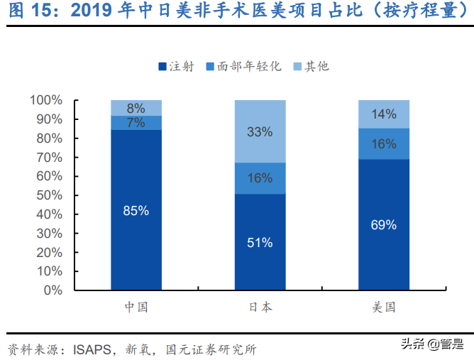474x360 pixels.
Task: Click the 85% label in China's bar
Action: pyautogui.click(x=136, y=210)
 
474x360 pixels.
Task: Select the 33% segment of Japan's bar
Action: pyautogui.click(x=260, y=131)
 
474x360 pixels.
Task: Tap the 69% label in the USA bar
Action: pyautogui.click(x=384, y=224)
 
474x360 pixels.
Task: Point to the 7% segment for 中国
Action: pyautogui.click(x=136, y=123)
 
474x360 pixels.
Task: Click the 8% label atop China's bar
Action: pyautogui.click(x=136, y=108)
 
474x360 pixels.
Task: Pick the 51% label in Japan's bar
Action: pyautogui.click(x=260, y=242)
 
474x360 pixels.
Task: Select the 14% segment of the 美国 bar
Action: pyautogui.click(x=384, y=114)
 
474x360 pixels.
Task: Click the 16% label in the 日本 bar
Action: pyautogui.click(x=260, y=178)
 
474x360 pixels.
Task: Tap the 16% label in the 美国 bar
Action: pyautogui.click(x=384, y=144)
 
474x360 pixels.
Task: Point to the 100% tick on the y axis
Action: pyautogui.click(x=46, y=100)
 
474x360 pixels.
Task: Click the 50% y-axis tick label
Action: pyautogui.click(x=49, y=195)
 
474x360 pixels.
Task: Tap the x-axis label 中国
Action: pyautogui.click(x=136, y=307)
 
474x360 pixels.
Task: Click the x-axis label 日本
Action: pyautogui.click(x=260, y=307)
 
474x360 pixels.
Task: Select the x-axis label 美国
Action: pyautogui.click(x=384, y=307)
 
